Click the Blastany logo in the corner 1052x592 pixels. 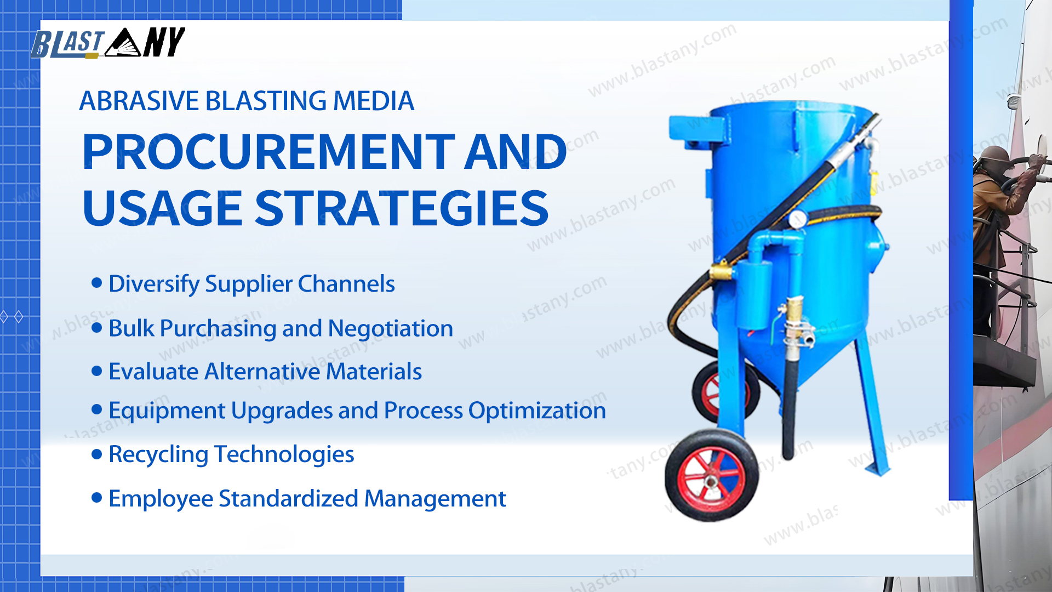click(108, 43)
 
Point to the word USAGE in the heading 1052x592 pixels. click(163, 208)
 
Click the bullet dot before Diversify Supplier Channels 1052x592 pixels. click(97, 283)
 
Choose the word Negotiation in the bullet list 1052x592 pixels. click(390, 328)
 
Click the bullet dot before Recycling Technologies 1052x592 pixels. click(97, 454)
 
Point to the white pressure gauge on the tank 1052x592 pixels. click(797, 220)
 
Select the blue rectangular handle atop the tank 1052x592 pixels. click(700, 130)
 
